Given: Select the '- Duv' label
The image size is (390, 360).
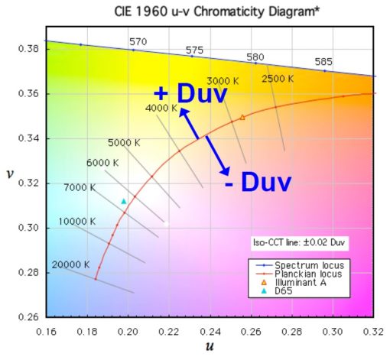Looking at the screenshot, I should [258, 182].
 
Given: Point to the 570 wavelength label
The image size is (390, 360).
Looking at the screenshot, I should [138, 41].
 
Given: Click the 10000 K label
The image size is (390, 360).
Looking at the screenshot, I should [76, 222].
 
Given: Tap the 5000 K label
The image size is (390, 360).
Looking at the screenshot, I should [124, 142].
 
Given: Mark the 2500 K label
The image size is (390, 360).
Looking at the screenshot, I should [281, 78].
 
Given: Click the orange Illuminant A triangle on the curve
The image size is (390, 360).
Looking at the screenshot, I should [242, 117].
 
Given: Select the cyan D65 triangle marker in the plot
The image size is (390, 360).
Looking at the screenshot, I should [123, 201].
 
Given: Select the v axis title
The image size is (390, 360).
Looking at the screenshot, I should [9, 174].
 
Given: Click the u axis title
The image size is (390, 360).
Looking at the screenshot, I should [208, 348].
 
